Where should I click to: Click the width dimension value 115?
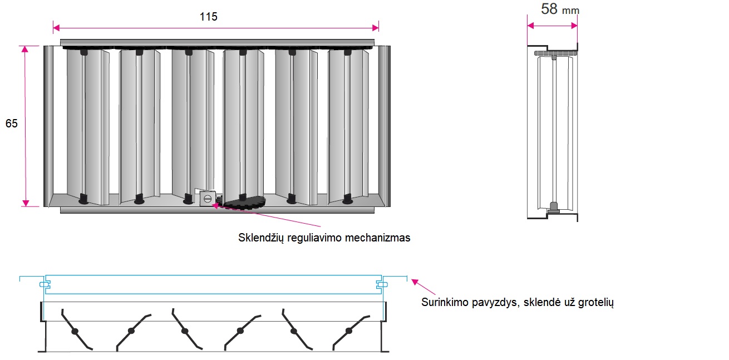pyautogui.click(x=208, y=17)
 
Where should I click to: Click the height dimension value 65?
pyautogui.click(x=12, y=124)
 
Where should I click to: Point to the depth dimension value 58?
pyautogui.click(x=549, y=9)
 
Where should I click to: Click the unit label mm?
pyautogui.click(x=570, y=11)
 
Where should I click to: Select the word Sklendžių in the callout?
pyautogui.click(x=261, y=238)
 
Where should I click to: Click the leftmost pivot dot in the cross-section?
pyautogui.click(x=75, y=331)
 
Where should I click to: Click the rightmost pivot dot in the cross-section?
pyautogui.click(x=349, y=331)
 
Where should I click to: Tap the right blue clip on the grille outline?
pyautogui.click(x=381, y=284)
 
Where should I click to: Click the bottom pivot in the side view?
pyautogui.click(x=554, y=207)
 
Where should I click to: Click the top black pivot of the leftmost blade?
pyautogui.click(x=84, y=52)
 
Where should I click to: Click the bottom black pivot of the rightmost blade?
pyautogui.click(x=348, y=198)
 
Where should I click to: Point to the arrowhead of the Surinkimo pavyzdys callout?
pyautogui.click(x=413, y=281)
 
